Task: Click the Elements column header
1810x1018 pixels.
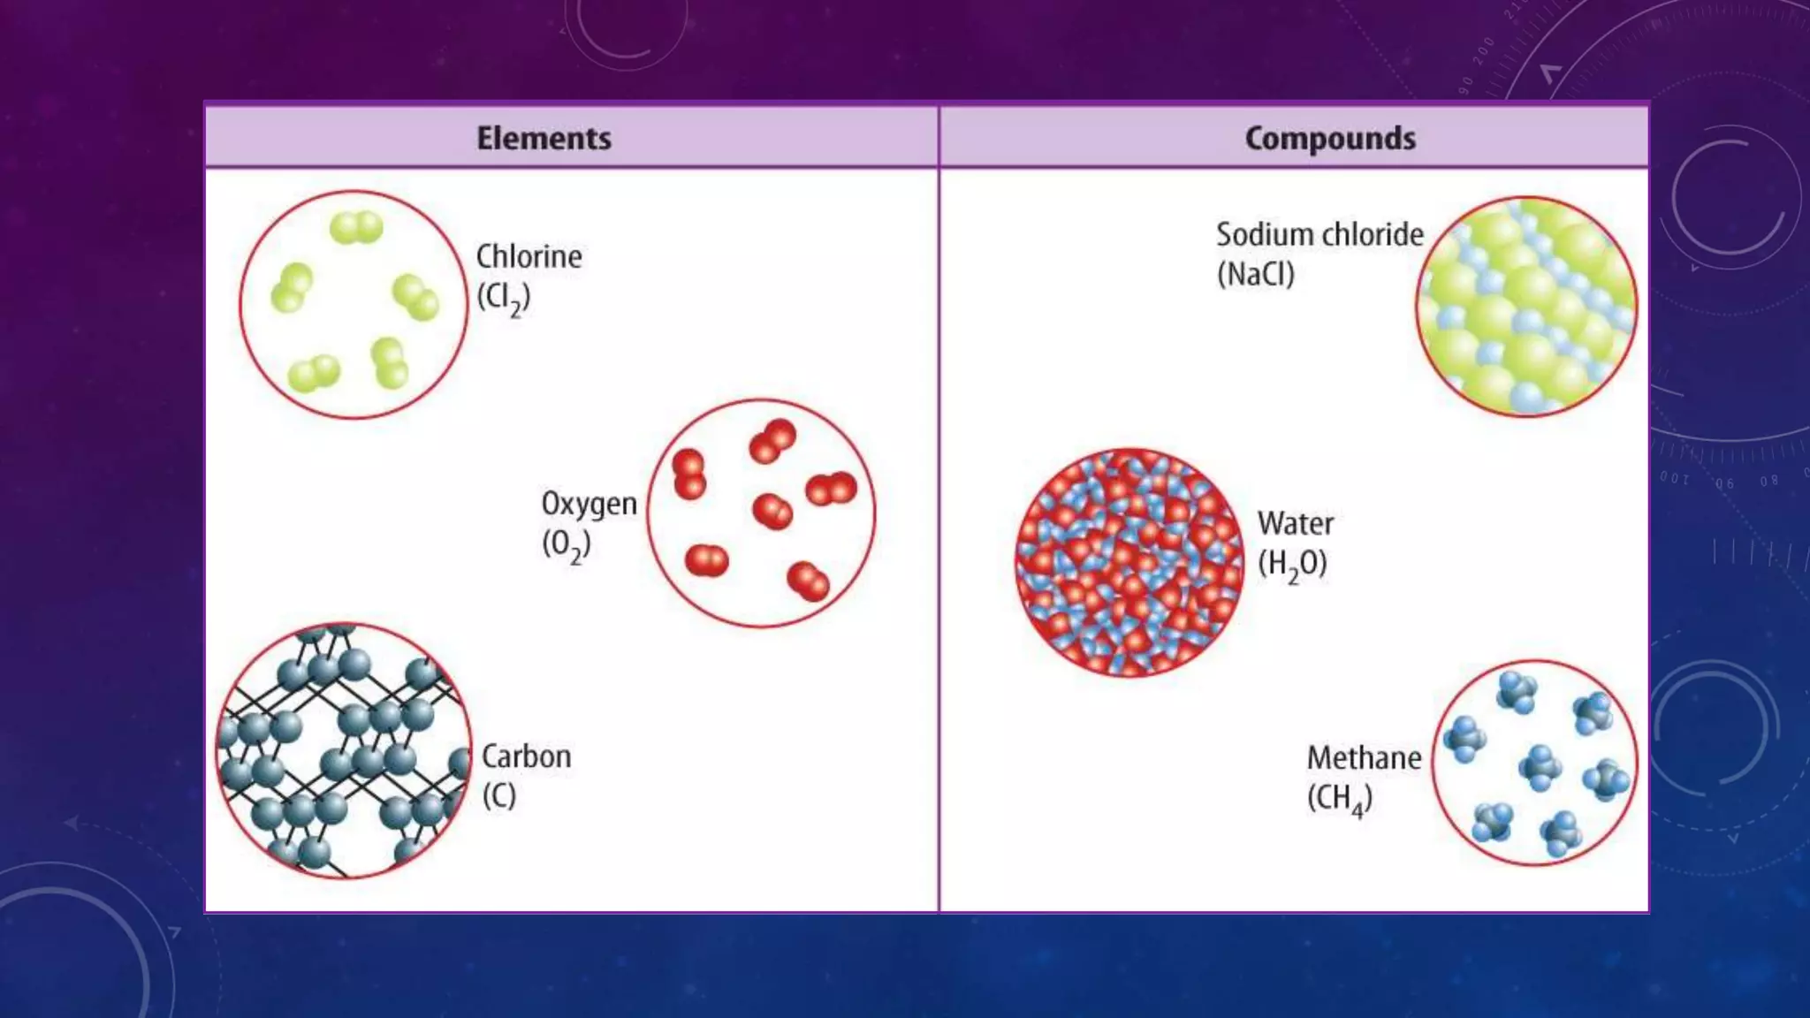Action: [544, 139]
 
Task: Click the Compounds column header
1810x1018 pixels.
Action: [1330, 139]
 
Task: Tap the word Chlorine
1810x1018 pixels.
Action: [529, 257]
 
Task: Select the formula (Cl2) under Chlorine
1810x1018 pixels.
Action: [504, 298]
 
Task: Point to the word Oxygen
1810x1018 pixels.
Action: [589, 504]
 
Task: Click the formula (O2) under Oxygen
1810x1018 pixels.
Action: [566, 545]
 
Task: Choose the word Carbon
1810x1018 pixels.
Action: [526, 757]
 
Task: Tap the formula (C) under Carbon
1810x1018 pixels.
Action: [498, 796]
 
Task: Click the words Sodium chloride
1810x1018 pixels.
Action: [1319, 235]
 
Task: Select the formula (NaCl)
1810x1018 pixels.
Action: [1255, 275]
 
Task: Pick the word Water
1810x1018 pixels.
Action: [1296, 524]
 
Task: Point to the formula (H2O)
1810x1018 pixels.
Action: [1292, 565]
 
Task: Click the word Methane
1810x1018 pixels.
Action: [1364, 758]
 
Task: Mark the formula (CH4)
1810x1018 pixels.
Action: [1339, 799]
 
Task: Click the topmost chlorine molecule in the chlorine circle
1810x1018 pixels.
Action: [356, 228]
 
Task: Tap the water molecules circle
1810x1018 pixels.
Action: [1129, 563]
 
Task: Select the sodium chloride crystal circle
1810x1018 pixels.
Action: [1526, 307]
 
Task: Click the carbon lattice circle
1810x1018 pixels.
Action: [344, 750]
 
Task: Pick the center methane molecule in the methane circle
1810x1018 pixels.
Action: [1540, 766]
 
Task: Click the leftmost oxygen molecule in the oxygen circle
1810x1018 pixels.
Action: [688, 475]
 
